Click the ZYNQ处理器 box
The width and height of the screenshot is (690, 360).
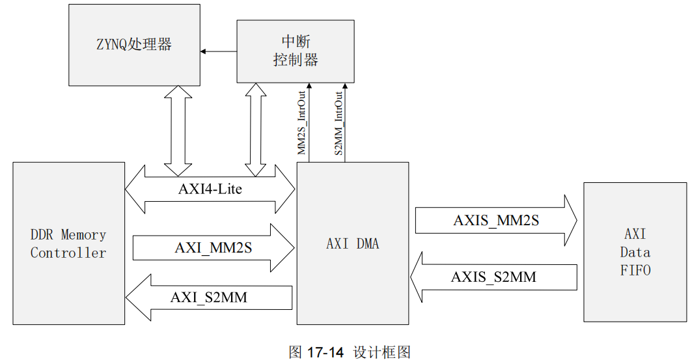click(x=133, y=45)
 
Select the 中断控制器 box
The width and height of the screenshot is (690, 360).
click(x=295, y=51)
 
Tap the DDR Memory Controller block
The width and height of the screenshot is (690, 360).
click(x=68, y=243)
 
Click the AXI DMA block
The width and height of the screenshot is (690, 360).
click(x=352, y=243)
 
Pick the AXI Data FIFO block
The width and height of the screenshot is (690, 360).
click(x=635, y=252)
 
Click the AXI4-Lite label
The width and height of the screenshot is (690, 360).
click(x=210, y=189)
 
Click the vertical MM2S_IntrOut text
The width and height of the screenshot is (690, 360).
click(x=302, y=124)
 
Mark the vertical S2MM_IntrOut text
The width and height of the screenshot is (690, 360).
click(x=338, y=124)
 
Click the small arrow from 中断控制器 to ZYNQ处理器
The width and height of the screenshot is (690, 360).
click(x=218, y=51)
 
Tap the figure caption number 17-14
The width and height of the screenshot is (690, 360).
click(x=325, y=352)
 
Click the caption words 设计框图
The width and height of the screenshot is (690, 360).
click(x=382, y=352)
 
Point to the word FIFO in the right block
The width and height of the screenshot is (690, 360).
click(x=635, y=270)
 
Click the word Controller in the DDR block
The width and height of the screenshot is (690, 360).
click(x=68, y=253)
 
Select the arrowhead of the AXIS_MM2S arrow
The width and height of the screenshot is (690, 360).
click(x=570, y=221)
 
